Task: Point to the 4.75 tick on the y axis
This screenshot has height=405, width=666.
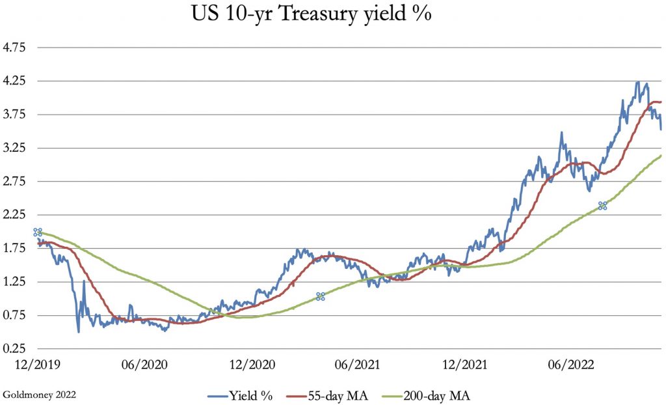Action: (x=14, y=48)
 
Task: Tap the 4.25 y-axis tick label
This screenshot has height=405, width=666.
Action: (x=14, y=81)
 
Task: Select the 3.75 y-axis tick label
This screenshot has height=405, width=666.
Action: (x=14, y=115)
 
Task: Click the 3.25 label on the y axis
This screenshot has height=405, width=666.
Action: (x=14, y=148)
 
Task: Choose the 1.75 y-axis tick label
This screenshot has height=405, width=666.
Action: (x=14, y=249)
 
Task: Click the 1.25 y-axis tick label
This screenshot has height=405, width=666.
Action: (x=14, y=282)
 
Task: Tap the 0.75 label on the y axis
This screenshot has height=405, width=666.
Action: (x=14, y=316)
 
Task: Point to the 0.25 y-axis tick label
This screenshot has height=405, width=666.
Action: (x=14, y=349)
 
